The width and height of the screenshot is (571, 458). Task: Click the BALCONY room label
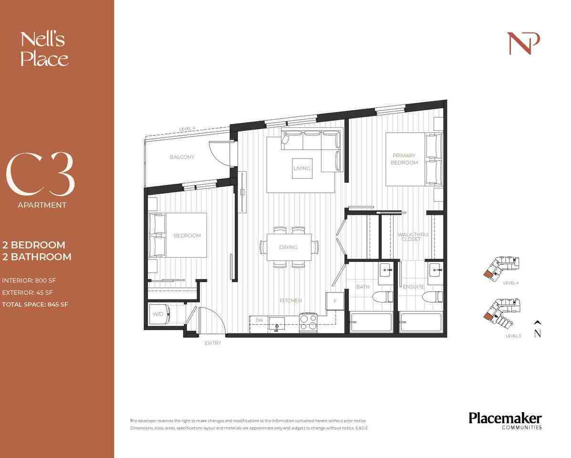182,157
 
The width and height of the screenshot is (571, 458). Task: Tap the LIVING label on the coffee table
302,168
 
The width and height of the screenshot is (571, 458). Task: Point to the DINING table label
289,247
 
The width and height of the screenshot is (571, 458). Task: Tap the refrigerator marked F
335,302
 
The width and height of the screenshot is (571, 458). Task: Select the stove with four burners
308,322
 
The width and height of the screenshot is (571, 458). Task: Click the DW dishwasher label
259,320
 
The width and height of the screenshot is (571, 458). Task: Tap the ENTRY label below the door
213,343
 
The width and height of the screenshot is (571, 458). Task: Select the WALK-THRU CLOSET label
411,237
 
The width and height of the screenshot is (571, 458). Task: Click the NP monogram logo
523,43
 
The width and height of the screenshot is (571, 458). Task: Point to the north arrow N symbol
538,330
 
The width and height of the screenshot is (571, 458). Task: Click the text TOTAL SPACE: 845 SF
36,304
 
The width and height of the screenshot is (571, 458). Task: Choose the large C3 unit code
41,176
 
